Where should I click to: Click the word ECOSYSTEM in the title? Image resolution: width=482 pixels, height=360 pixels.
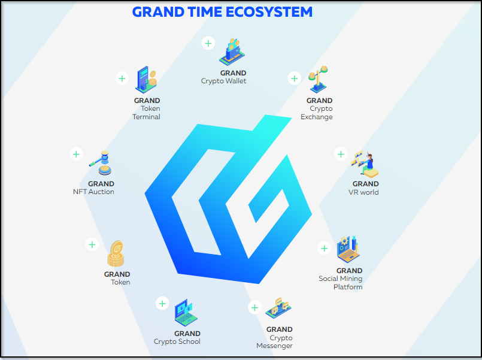pyautogui.click(x=269, y=12)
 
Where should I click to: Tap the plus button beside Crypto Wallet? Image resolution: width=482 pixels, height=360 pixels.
pyautogui.click(x=208, y=43)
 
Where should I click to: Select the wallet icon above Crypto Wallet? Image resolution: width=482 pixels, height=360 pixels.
pyautogui.click(x=232, y=52)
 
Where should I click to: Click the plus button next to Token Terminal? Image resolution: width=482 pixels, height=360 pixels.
pyautogui.click(x=122, y=78)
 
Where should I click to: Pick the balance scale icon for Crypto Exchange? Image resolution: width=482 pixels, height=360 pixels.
pyautogui.click(x=319, y=79)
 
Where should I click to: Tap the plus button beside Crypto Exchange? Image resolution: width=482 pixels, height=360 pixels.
pyautogui.click(x=294, y=78)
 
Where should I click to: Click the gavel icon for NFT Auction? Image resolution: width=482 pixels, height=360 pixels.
pyautogui.click(x=101, y=163)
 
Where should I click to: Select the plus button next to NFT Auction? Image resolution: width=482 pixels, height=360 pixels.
pyautogui.click(x=76, y=154)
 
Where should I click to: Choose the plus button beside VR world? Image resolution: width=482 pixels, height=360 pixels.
pyautogui.click(x=341, y=154)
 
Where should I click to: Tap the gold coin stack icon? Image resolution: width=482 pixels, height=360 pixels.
pyautogui.click(x=116, y=253)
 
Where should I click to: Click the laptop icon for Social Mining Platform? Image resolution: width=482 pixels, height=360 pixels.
pyautogui.click(x=348, y=249)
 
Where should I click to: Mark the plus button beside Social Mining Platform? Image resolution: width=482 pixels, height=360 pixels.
pyautogui.click(x=325, y=249)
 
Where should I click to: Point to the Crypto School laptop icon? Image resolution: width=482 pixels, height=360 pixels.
pyautogui.click(x=186, y=312)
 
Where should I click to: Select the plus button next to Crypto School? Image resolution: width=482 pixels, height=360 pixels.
pyautogui.click(x=162, y=304)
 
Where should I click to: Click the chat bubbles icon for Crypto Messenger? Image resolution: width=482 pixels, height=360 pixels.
pyautogui.click(x=278, y=308)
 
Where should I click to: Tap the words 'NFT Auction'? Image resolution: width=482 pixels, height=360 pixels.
pyautogui.click(x=93, y=192)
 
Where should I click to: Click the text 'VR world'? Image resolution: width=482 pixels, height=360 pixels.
pyautogui.click(x=363, y=192)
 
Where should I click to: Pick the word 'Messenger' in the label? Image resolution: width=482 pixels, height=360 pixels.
pyautogui.click(x=274, y=346)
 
